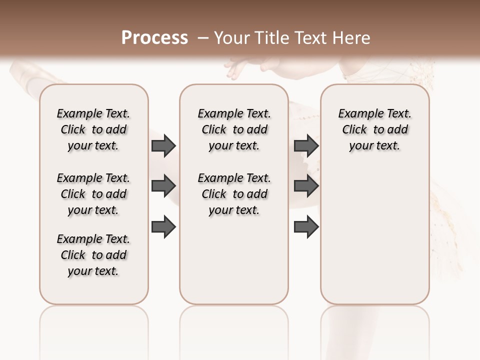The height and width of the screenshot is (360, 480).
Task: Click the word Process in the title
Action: pyautogui.click(x=154, y=37)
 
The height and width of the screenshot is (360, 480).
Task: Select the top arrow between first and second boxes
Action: pyautogui.click(x=163, y=145)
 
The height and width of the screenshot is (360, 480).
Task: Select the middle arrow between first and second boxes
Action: pyautogui.click(x=163, y=186)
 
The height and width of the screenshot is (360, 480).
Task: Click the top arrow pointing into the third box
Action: pyautogui.click(x=306, y=145)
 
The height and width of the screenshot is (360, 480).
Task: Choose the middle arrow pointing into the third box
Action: pyautogui.click(x=306, y=186)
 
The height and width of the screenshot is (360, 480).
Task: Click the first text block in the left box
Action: pyautogui.click(x=93, y=129)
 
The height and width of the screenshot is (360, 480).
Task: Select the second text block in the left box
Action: pyautogui.click(x=93, y=194)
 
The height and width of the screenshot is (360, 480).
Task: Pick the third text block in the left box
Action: pyautogui.click(x=93, y=255)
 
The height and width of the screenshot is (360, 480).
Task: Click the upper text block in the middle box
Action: pyautogui.click(x=234, y=129)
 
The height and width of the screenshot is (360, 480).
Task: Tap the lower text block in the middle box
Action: pyautogui.click(x=234, y=194)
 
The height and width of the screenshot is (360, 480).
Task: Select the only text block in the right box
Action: pyautogui.click(x=374, y=129)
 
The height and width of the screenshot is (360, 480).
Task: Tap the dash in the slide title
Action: pyautogui.click(x=203, y=38)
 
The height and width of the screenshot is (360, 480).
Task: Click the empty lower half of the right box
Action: pyautogui.click(x=374, y=240)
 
